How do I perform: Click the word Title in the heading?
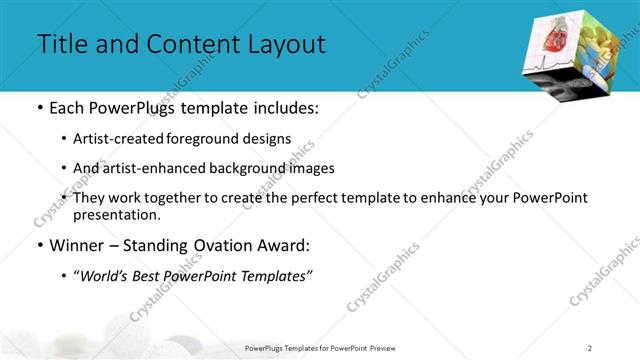pyautogui.click(x=62, y=44)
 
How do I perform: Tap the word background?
pyautogui.click(x=271, y=169)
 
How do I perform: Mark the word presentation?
pyautogui.click(x=115, y=214)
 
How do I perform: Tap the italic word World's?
pyautogui.click(x=103, y=275)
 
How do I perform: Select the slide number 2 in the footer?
pyautogui.click(x=590, y=347)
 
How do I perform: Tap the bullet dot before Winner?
pyautogui.click(x=39, y=245)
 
